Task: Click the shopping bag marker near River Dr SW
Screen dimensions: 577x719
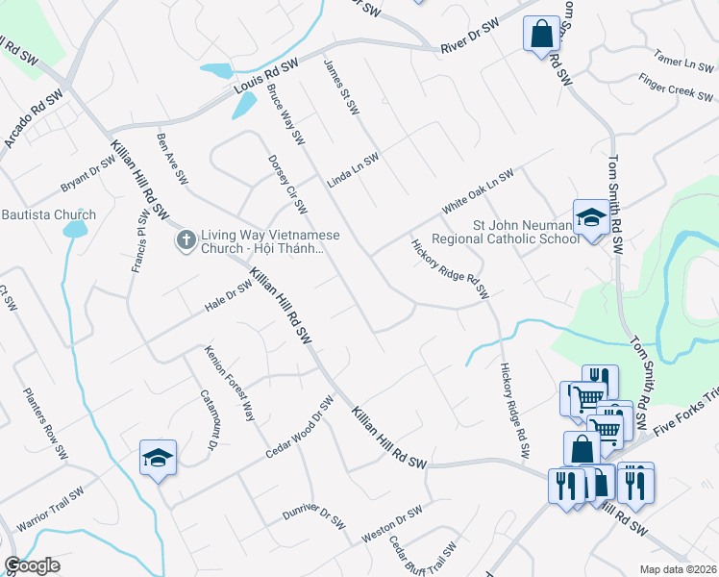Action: tap(541, 34)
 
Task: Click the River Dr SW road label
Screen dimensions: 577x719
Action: tap(470, 38)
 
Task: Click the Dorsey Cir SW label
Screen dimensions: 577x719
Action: tap(287, 184)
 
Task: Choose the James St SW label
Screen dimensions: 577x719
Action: tap(341, 87)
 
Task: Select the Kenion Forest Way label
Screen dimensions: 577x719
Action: tap(230, 384)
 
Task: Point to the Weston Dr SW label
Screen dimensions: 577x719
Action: tap(392, 523)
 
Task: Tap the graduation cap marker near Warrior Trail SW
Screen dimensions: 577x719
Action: tap(158, 459)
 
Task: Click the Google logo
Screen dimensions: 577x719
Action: tap(32, 565)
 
